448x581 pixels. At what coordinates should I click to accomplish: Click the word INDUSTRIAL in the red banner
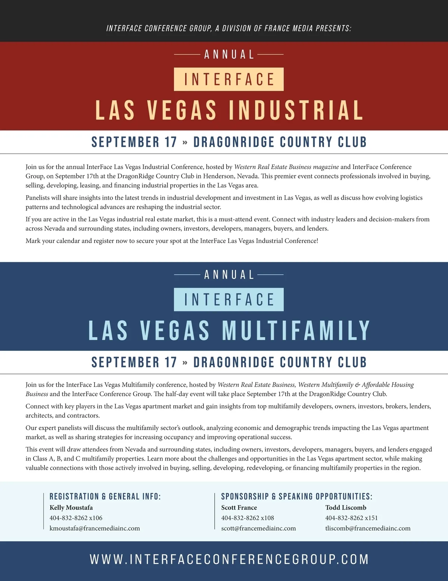(x=296, y=110)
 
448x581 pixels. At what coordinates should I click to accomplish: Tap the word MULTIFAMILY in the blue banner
(x=296, y=331)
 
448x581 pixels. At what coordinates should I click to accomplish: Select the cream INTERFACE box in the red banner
(x=229, y=79)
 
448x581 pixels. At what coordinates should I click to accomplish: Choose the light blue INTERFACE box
(x=229, y=299)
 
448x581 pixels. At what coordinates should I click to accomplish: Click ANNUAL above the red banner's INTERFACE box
(x=229, y=55)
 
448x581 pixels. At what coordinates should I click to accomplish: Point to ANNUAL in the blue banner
(x=229, y=275)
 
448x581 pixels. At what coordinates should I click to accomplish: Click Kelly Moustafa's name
(x=71, y=507)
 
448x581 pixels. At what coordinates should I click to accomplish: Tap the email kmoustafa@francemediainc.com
(x=95, y=528)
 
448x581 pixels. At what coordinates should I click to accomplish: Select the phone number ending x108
(x=248, y=518)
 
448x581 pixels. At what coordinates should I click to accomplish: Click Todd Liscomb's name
(x=346, y=507)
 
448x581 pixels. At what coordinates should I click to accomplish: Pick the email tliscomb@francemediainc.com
(x=368, y=528)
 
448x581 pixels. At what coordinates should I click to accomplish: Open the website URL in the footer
(x=229, y=559)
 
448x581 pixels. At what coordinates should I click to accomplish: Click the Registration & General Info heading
(x=105, y=497)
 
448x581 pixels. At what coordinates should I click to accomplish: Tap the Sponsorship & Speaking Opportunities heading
(x=297, y=497)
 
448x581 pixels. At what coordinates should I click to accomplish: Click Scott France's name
(x=239, y=507)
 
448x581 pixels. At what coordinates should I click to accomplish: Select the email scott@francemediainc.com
(x=258, y=528)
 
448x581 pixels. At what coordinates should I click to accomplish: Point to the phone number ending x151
(x=351, y=518)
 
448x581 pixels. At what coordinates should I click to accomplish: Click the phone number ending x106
(x=76, y=518)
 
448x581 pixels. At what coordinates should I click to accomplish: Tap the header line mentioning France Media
(x=229, y=28)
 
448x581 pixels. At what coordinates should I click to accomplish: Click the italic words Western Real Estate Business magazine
(x=286, y=167)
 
